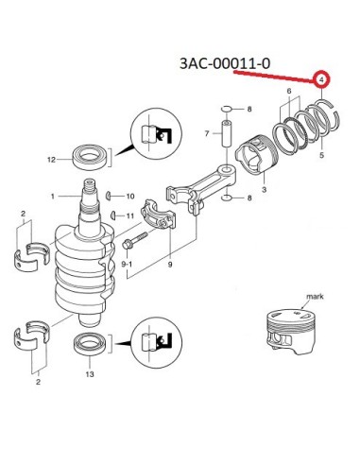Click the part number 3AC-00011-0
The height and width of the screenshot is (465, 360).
click(x=225, y=63)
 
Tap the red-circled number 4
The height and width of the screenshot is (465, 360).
click(x=321, y=80)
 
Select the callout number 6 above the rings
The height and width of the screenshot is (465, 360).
click(x=289, y=92)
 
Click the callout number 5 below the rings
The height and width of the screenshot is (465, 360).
click(x=321, y=155)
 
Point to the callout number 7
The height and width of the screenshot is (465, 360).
click(x=207, y=133)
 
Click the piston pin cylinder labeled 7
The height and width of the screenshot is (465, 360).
click(x=227, y=133)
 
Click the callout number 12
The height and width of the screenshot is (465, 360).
click(x=51, y=160)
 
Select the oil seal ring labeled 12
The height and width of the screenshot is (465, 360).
click(x=89, y=158)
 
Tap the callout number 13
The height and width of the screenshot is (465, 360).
click(x=90, y=374)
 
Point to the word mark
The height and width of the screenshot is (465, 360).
click(x=315, y=297)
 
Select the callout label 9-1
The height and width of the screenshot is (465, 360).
click(x=127, y=264)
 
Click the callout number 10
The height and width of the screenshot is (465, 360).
click(x=130, y=197)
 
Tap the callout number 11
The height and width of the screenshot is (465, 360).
click(x=130, y=216)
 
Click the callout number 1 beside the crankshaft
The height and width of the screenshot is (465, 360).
click(x=53, y=197)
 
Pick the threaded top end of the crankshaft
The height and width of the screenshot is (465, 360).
click(x=90, y=186)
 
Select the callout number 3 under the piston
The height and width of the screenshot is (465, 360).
click(x=264, y=189)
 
